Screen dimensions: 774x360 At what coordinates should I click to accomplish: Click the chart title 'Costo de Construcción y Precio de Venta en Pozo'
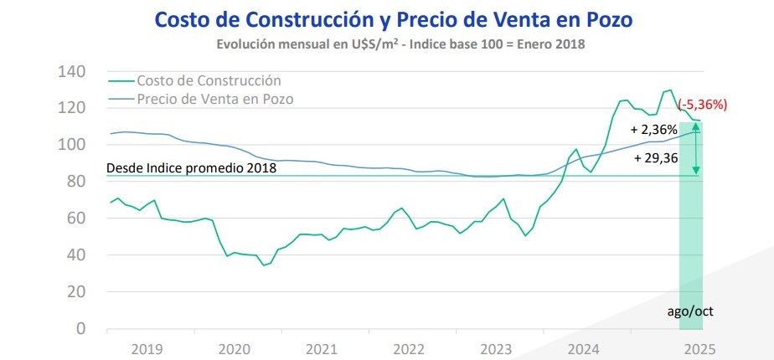tap(394, 20)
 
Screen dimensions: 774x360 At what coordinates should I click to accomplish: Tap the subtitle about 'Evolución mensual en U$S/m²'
tap(400, 44)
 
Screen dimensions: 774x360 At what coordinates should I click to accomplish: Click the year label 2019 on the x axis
tap(147, 350)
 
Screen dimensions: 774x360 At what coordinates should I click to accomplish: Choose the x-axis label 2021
tap(322, 350)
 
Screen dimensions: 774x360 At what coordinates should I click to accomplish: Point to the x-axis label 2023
tap(496, 350)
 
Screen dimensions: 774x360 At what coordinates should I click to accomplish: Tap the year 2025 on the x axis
tap(699, 350)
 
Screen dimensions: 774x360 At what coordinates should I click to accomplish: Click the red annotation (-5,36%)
tap(703, 105)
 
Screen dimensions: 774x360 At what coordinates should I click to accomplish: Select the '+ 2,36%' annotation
tap(654, 131)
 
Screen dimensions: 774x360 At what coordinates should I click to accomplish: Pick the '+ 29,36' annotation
tap(655, 158)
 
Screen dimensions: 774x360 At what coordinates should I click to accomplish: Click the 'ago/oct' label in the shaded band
tap(690, 311)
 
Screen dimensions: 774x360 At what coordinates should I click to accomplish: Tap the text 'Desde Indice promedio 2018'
tap(192, 167)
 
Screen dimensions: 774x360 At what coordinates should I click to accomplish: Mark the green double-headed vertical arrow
tap(695, 148)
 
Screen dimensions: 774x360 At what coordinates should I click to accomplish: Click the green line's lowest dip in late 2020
tap(264, 265)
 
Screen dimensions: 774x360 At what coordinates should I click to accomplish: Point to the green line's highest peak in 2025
tap(670, 90)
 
